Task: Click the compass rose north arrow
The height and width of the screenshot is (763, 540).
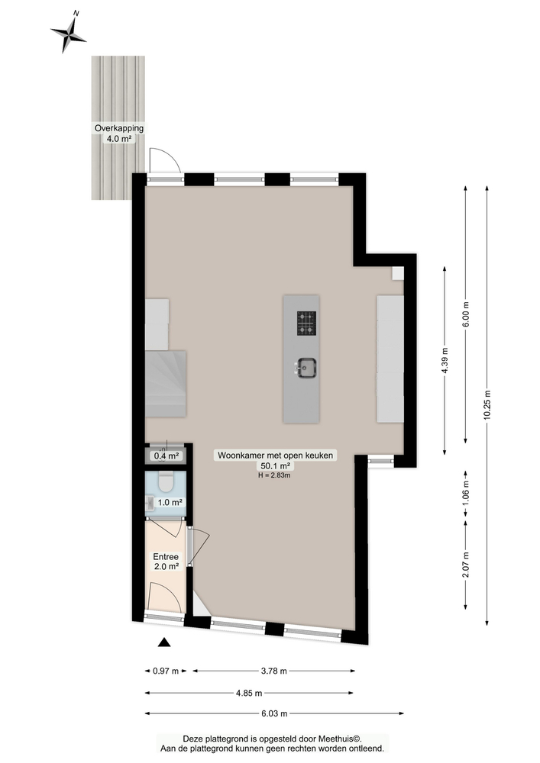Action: click(69, 32)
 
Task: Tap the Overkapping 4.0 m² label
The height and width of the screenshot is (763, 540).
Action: click(118, 134)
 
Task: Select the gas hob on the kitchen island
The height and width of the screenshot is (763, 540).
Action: click(306, 324)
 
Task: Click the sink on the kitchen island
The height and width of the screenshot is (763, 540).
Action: click(306, 368)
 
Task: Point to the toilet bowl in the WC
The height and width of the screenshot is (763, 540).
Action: click(165, 483)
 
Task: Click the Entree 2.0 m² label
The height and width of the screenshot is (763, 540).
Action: click(166, 562)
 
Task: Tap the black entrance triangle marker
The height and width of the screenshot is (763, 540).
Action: click(163, 642)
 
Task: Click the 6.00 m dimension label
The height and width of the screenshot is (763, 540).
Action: click(466, 314)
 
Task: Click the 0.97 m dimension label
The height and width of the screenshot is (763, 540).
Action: click(166, 671)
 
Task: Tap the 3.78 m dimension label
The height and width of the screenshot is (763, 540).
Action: click(273, 671)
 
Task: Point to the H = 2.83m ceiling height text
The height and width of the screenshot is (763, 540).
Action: click(276, 475)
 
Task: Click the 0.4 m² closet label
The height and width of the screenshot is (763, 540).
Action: click(167, 456)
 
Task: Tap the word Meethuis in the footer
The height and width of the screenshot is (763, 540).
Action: click(337, 739)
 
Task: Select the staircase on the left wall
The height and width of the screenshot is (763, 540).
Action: click(167, 383)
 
